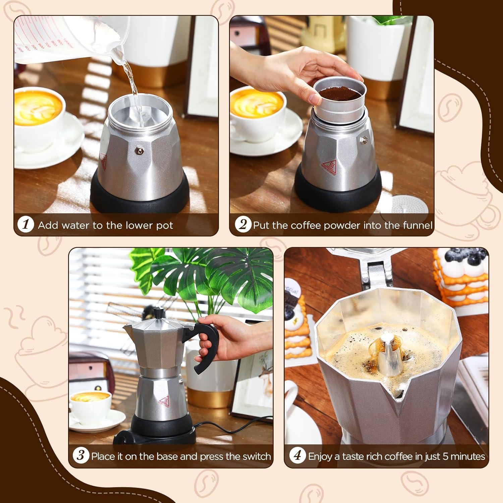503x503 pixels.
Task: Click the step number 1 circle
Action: [26, 224]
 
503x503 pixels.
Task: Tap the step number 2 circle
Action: [242, 224]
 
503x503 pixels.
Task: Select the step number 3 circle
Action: [81, 456]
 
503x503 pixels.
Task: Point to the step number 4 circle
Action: [297, 456]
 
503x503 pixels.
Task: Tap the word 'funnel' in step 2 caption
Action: [418, 225]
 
